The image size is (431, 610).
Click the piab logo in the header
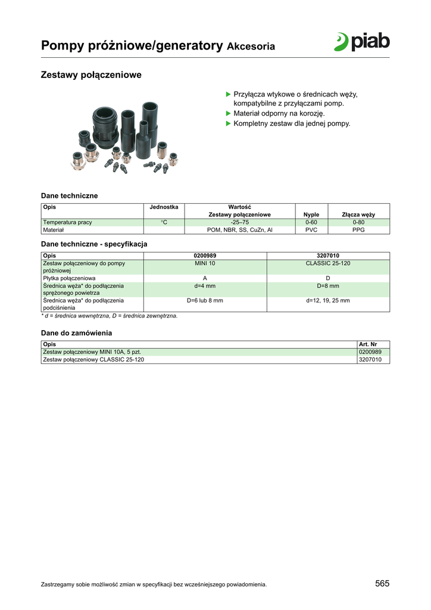[x=361, y=42]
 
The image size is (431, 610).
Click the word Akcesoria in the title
[x=251, y=46]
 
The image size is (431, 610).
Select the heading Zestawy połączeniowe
[x=90, y=76]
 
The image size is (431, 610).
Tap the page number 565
[x=382, y=584]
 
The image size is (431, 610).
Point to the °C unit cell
[x=164, y=222]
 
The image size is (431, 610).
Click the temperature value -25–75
[x=239, y=222]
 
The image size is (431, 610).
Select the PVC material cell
[x=311, y=229]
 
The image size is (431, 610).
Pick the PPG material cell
[x=358, y=229]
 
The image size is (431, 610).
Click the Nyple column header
[x=311, y=214]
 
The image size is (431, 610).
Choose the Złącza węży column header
[x=358, y=214]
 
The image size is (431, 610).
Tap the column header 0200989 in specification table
[x=205, y=256]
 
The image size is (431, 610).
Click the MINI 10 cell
[x=205, y=263]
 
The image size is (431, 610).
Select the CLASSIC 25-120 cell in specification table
[x=328, y=263]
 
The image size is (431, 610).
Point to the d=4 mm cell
[x=205, y=286]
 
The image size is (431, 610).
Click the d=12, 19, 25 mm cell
[x=328, y=301]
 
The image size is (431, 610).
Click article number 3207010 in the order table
[x=370, y=360]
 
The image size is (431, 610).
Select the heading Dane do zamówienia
[x=76, y=333]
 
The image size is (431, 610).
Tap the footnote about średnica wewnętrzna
[x=109, y=316]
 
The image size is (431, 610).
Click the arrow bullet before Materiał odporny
[x=227, y=113]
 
